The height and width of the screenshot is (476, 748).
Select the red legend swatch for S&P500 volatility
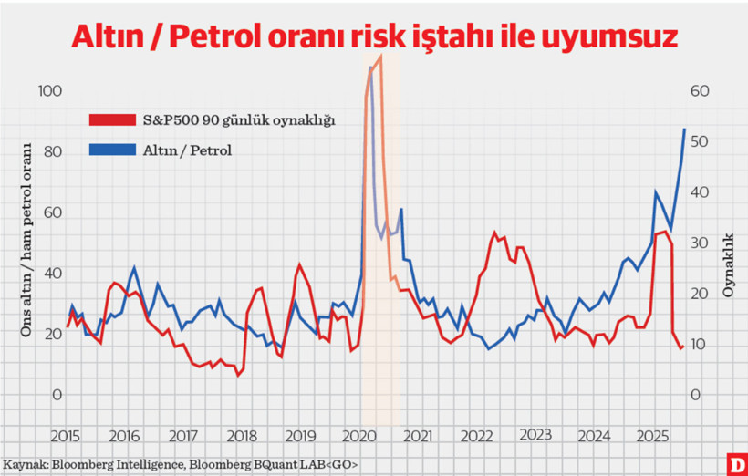pos(112,119)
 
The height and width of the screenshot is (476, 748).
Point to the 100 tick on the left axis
pos(51,91)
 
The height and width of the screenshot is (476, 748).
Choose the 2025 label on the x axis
pos(653,435)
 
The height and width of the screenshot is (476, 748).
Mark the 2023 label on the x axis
pos(536,435)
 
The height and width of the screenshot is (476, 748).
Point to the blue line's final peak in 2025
pos(685,129)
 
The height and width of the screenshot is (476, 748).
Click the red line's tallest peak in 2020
pos(379,57)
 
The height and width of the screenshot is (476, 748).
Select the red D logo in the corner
pos(734,463)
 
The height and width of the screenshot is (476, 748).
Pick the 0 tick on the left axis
pos(57,395)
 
